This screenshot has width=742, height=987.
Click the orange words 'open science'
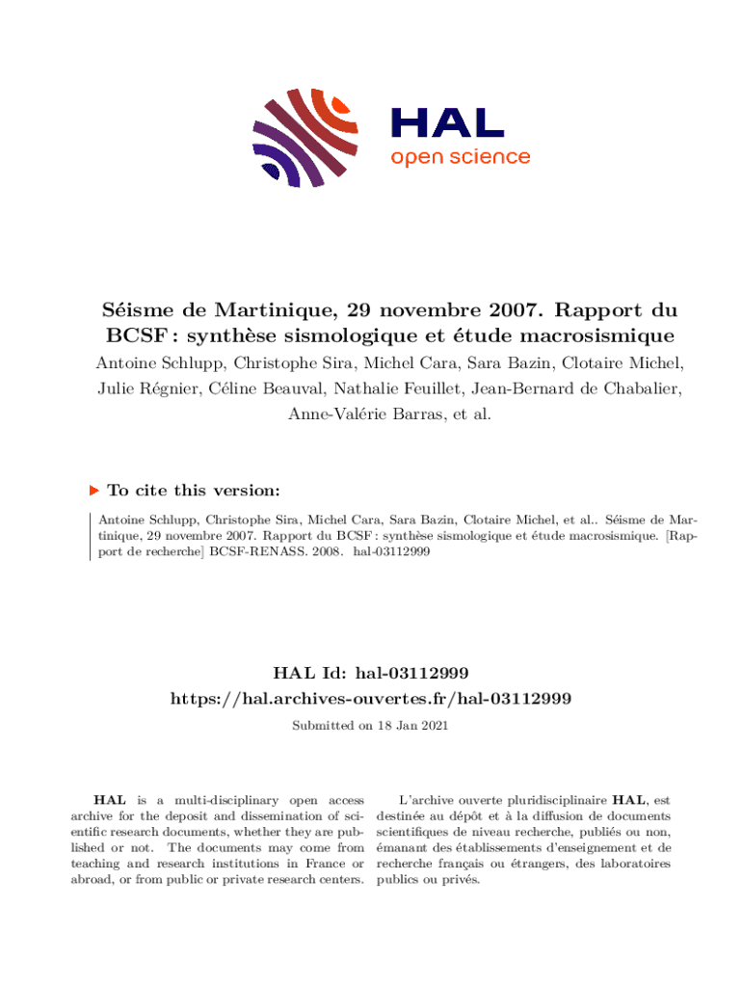pos(460,157)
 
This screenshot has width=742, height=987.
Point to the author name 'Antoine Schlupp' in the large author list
pos(158,363)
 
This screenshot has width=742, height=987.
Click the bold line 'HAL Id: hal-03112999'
pos(371,671)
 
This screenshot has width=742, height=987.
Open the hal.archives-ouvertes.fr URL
pos(371,697)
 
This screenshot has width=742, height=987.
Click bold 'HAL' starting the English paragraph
pos(107,800)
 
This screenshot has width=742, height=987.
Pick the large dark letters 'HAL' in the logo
pos(446,122)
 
